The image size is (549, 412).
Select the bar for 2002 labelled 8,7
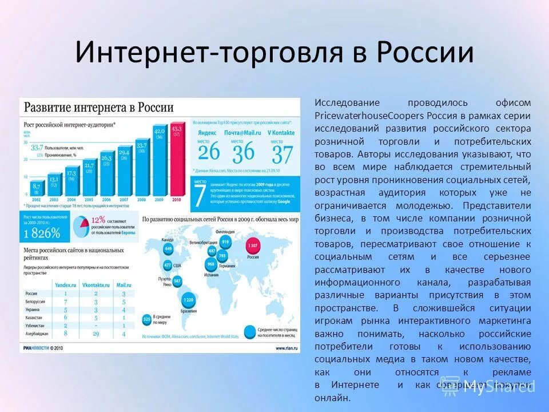(x=36, y=189)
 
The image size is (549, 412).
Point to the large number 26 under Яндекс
(x=209, y=153)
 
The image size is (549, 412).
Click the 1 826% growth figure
(x=42, y=233)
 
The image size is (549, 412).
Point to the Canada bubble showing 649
(x=168, y=249)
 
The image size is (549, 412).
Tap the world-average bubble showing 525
(x=147, y=319)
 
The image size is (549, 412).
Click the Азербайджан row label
(x=37, y=333)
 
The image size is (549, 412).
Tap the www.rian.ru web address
(x=287, y=347)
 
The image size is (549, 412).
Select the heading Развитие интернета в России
(x=98, y=108)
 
